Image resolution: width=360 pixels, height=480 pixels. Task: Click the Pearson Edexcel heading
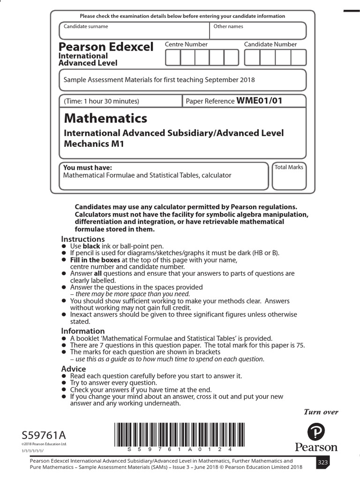tap(105, 47)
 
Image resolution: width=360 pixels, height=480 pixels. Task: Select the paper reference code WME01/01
tap(259, 100)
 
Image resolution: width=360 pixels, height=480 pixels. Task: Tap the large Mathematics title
tap(105, 118)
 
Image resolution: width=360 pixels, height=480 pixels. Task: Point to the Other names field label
tap(228, 27)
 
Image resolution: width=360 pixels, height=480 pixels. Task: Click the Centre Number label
tap(186, 45)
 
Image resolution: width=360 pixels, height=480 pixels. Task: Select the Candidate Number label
tap(270, 45)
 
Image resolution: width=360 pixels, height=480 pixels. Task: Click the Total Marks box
tap(289, 176)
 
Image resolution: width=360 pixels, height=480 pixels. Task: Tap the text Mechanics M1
tap(94, 144)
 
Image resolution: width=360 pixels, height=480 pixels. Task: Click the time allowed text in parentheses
tap(102, 101)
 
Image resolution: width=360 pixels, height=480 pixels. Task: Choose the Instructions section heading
tap(83, 239)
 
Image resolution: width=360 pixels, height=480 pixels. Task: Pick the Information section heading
tap(83, 331)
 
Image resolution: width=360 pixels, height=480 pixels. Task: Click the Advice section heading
tap(74, 369)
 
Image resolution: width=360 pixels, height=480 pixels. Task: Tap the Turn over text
tap(321, 412)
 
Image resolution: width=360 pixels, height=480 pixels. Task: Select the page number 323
tap(323, 462)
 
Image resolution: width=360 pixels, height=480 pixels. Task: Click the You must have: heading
tap(88, 168)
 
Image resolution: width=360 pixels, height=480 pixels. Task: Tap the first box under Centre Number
tap(173, 58)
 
